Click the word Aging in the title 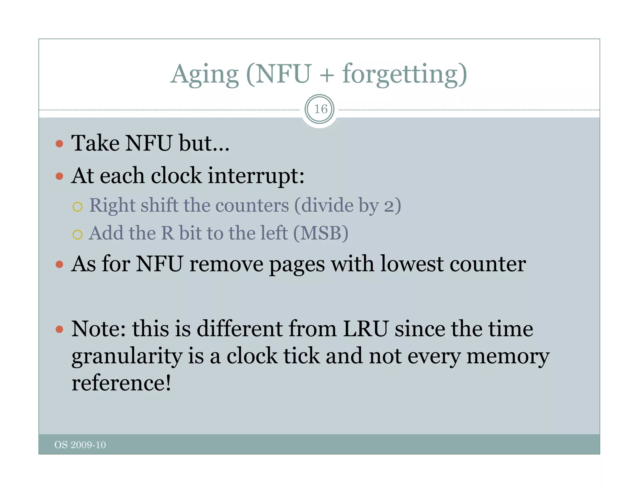[x=205, y=75]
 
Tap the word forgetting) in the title [x=404, y=75]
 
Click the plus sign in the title [x=327, y=75]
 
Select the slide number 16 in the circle [x=320, y=109]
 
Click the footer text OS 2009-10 [x=80, y=445]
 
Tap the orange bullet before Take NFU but [x=59, y=144]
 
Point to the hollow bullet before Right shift [x=77, y=207]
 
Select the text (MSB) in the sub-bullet [x=321, y=233]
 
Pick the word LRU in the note [x=366, y=329]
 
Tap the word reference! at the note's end [x=121, y=383]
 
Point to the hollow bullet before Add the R [x=77, y=234]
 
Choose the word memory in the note [x=508, y=357]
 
